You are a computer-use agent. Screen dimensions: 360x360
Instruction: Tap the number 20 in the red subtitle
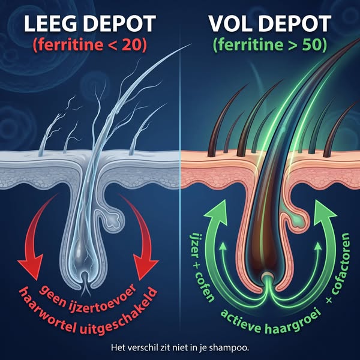(x=131, y=44)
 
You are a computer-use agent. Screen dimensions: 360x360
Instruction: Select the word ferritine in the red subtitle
(x=70, y=44)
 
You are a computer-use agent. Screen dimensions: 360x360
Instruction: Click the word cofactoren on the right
(x=340, y=264)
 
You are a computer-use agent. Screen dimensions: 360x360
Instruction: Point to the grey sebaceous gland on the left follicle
(x=113, y=218)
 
